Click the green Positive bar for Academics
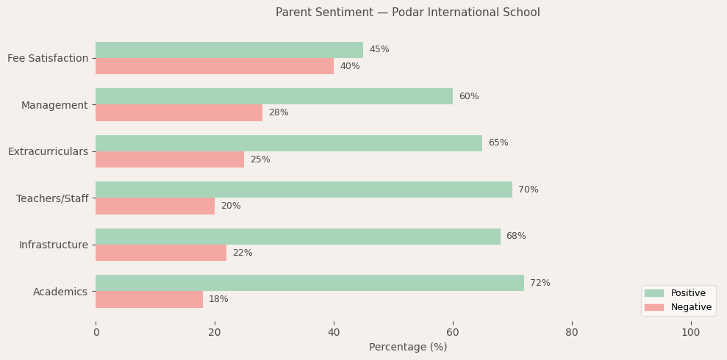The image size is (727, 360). coord(309,283)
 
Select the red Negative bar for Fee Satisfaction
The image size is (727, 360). coord(215,66)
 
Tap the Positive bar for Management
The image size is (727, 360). coord(274,96)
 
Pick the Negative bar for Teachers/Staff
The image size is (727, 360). coord(155,206)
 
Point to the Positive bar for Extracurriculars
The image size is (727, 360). coord(289,143)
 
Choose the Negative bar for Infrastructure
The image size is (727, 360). coord(161,253)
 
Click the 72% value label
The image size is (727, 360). coord(540,283)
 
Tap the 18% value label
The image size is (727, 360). coord(218,300)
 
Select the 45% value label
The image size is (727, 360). coord(379,49)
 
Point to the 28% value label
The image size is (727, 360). coord(279,113)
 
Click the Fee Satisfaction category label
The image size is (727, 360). coord(48,58)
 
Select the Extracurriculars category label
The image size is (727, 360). coord(48,151)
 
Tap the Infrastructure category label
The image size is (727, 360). coord(53,245)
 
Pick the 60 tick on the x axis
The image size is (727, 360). coord(453,332)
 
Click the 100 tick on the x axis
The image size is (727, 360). coord(691,332)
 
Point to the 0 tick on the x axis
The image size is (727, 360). coord(96,332)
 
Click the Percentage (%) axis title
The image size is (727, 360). coord(408,347)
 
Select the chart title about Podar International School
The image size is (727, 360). coord(408,12)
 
